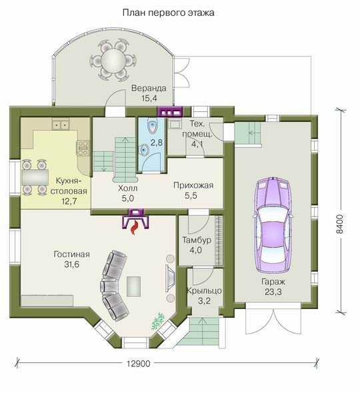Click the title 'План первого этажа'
[x=169, y=13]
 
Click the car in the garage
[x=273, y=225]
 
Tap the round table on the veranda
[x=113, y=60]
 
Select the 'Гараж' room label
[x=273, y=282]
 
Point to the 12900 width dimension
[x=138, y=364]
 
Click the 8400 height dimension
[x=339, y=224]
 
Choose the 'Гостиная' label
[x=72, y=254]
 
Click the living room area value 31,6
[x=72, y=264]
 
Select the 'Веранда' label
[x=149, y=88]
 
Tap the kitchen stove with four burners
[x=83, y=148]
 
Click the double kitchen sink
[x=61, y=125]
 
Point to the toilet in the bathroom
[x=152, y=127]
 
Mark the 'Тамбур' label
[x=197, y=240]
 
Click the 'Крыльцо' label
[x=204, y=290]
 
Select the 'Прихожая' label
[x=193, y=185]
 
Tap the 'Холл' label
[x=128, y=189]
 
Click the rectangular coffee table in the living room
[x=133, y=286]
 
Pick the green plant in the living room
[x=157, y=321]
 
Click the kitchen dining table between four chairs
[x=35, y=177]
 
